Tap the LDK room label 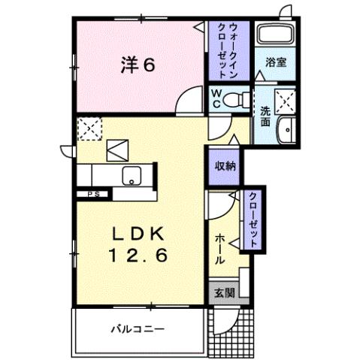tap(140, 234)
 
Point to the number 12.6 tap(141, 256)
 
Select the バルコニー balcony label tap(139, 328)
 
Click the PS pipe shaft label tap(94, 194)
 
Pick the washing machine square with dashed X tap(285, 99)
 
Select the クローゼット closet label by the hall tap(253, 219)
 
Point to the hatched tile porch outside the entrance tap(231, 331)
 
